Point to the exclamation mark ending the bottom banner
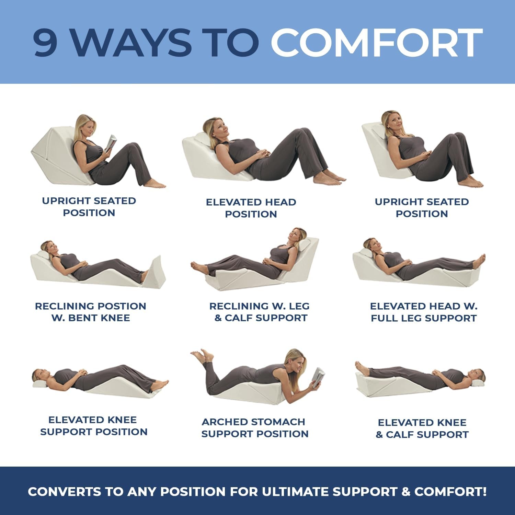(484, 491)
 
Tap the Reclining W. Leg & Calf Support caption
(260, 312)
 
